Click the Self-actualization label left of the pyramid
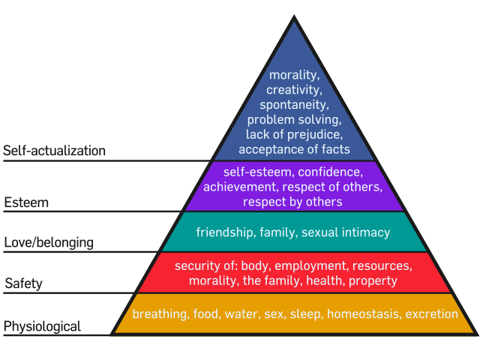[54, 151]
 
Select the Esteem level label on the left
[26, 203]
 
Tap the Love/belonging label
[49, 243]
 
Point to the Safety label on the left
[23, 283]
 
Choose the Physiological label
[42, 327]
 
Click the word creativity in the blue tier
[293, 90]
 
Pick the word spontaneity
[293, 105]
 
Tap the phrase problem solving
[293, 120]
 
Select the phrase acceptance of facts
[293, 149]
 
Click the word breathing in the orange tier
[160, 314]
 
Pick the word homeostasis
[363, 314]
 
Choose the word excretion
[431, 314]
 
